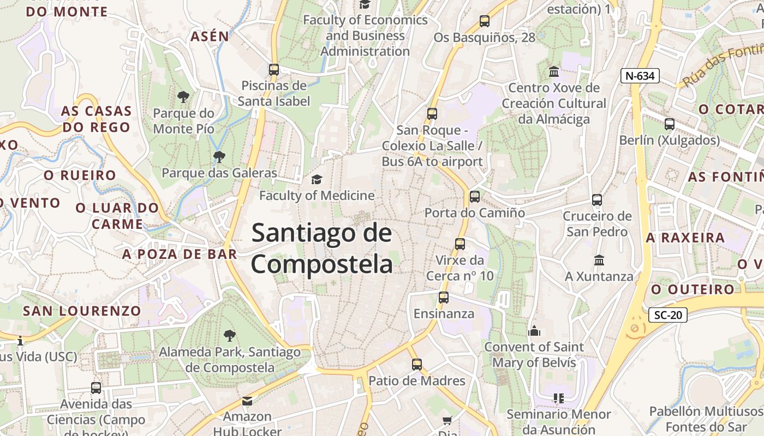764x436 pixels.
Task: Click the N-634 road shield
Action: pyautogui.click(x=640, y=76)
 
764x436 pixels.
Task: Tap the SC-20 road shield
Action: pyautogui.click(x=667, y=314)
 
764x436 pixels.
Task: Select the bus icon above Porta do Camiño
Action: pyautogui.click(x=475, y=196)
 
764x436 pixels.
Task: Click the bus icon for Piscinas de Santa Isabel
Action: pyautogui.click(x=274, y=70)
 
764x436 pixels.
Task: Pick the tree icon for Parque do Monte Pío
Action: pyautogui.click(x=183, y=97)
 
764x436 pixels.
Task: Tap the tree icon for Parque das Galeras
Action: pyautogui.click(x=219, y=157)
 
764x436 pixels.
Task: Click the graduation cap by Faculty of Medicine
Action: pyautogui.click(x=317, y=179)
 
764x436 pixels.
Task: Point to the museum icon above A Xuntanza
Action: pyautogui.click(x=599, y=260)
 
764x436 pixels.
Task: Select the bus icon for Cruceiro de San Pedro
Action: pyautogui.click(x=597, y=200)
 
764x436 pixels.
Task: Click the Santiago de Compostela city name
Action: pyautogui.click(x=322, y=249)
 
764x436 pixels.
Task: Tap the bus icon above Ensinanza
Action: pyautogui.click(x=444, y=298)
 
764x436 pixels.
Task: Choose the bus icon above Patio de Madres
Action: pyautogui.click(x=417, y=365)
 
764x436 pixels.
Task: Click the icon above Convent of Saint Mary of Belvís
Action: pyautogui.click(x=534, y=331)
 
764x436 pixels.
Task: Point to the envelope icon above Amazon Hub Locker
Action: pyautogui.click(x=247, y=401)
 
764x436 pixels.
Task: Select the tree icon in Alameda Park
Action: pyautogui.click(x=230, y=336)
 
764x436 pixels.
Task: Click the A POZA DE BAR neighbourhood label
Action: pyautogui.click(x=180, y=254)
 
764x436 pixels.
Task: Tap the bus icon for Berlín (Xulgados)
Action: pyautogui.click(x=670, y=124)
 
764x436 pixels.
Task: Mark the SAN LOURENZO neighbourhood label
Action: pyautogui.click(x=82, y=311)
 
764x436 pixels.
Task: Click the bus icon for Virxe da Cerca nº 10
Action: pyautogui.click(x=460, y=244)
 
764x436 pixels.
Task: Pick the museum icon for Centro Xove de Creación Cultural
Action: pyautogui.click(x=554, y=72)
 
